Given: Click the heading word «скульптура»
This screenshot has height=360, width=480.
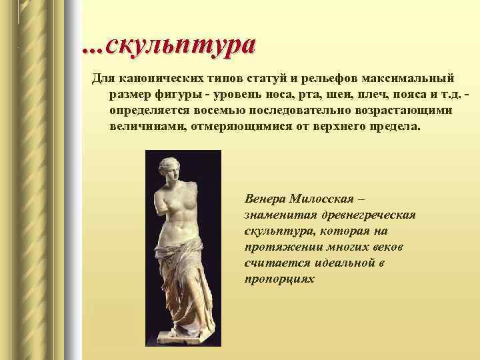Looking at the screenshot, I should pos(179,45).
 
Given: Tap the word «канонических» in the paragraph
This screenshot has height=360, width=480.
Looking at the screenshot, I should pos(154,79).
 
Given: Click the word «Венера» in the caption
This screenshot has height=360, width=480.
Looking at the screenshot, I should pos(266,199).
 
